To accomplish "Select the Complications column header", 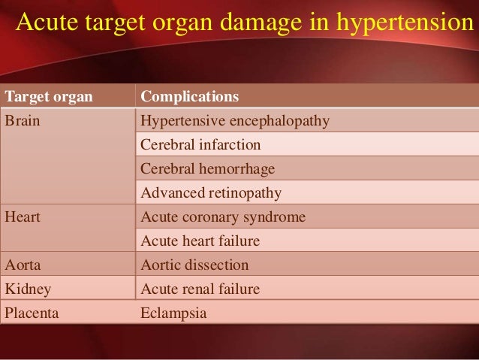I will click(190, 97).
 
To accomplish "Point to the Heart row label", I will click(23, 217).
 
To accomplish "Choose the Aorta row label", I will click(23, 265).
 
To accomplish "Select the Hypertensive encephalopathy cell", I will click(235, 120).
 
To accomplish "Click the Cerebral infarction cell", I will click(200, 144).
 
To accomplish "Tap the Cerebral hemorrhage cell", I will click(208, 168).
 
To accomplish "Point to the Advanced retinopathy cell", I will click(211, 193).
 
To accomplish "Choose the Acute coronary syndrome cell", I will click(223, 217).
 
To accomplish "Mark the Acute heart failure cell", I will click(200, 241).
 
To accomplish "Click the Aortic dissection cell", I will click(194, 265).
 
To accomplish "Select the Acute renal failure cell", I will click(200, 289).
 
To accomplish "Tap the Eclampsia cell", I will click(173, 313).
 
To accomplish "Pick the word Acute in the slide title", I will click(44, 23).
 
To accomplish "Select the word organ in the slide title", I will click(187, 23).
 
